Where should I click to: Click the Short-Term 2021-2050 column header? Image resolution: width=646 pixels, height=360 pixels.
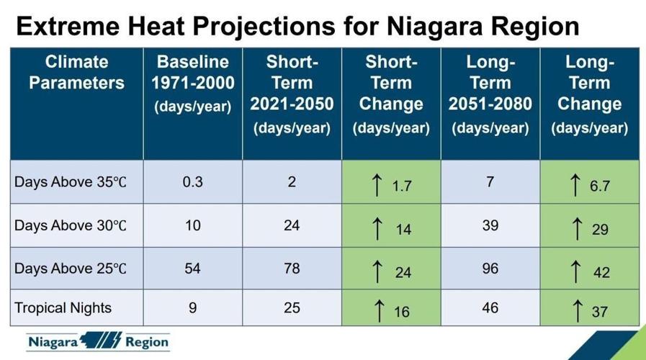pyautogui.click(x=292, y=94)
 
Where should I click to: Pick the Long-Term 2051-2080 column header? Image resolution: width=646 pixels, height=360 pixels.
pyautogui.click(x=490, y=94)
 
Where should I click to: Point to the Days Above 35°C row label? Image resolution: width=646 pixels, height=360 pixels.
pyautogui.click(x=71, y=182)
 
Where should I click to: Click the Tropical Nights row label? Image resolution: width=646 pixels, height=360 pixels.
pyautogui.click(x=63, y=308)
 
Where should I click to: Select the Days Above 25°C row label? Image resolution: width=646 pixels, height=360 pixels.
pyautogui.click(x=71, y=269)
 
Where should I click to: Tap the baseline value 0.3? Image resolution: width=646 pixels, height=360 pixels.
pyautogui.click(x=192, y=182)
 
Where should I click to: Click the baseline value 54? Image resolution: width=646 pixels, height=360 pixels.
pyautogui.click(x=192, y=269)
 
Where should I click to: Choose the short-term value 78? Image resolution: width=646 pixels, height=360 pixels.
pyautogui.click(x=292, y=269)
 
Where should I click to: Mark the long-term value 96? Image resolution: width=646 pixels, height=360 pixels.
pyautogui.click(x=490, y=269)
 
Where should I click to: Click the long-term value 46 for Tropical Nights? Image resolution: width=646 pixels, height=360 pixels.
pyautogui.click(x=490, y=308)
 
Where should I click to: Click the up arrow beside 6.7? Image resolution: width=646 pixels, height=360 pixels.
pyautogui.click(x=574, y=184)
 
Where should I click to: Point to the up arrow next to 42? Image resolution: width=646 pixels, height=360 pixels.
pyautogui.click(x=574, y=271)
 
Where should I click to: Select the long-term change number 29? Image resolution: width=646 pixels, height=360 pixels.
pyautogui.click(x=600, y=230)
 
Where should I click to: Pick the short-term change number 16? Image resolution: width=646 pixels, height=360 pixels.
pyautogui.click(x=402, y=312)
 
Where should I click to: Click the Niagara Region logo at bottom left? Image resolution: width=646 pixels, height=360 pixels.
pyautogui.click(x=98, y=341)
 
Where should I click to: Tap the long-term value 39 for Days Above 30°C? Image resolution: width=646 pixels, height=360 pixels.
pyautogui.click(x=490, y=225)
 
